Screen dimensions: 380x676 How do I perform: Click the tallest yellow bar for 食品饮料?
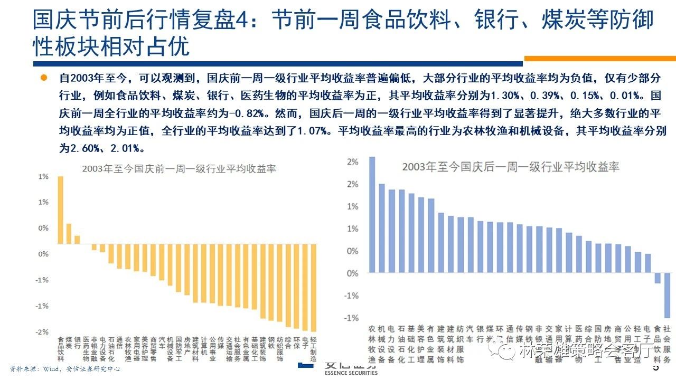point(60,210)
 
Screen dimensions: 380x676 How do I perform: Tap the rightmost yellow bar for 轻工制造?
point(313,288)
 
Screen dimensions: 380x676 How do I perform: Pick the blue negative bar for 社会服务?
point(667,295)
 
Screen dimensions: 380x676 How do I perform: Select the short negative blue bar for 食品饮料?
point(658,278)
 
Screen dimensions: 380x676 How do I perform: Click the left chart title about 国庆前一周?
point(179,169)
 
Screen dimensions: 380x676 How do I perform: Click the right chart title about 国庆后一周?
point(510,167)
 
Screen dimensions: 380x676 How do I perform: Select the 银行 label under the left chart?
point(77,343)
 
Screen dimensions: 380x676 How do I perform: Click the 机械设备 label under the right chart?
point(382,344)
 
